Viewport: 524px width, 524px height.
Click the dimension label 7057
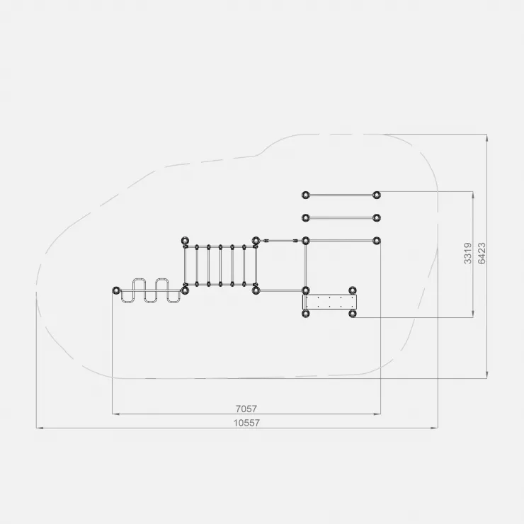pos(246,409)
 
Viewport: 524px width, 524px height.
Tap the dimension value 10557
pos(246,423)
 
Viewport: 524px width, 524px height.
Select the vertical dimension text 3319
pos(468,254)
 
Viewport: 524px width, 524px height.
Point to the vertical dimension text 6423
pos(482,254)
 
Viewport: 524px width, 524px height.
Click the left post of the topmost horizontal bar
pos(305,195)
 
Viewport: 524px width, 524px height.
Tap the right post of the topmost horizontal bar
pos(377,195)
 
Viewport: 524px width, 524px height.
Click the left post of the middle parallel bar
pos(305,218)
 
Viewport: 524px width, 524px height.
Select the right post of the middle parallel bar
pos(377,218)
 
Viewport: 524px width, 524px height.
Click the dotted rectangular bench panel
pos(330,302)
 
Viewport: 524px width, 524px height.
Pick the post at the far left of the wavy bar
pos(116,290)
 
